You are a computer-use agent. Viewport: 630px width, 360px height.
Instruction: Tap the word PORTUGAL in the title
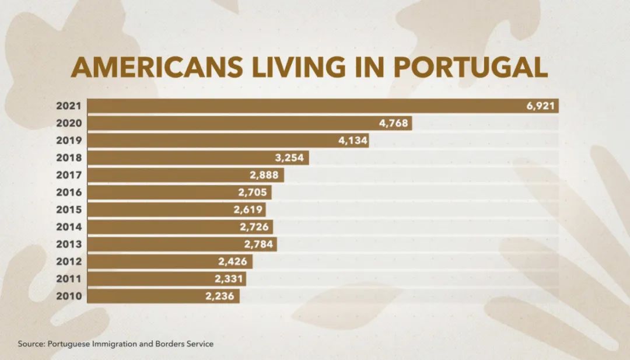pos(471,68)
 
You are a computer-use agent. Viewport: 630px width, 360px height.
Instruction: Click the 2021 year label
pos(69,106)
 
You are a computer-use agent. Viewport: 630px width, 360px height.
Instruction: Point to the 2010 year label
pos(69,296)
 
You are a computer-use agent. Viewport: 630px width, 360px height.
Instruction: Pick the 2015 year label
pos(69,209)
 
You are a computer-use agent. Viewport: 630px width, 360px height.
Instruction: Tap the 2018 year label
pos(69,158)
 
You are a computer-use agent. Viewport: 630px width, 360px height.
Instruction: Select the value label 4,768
pos(394,123)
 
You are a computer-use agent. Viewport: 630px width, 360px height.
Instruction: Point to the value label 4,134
pos(351,141)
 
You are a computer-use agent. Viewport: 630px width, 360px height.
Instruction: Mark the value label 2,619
pos(249,209)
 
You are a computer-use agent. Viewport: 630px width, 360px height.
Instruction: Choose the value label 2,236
pos(220,296)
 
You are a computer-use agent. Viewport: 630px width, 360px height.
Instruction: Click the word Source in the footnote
pos(31,344)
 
